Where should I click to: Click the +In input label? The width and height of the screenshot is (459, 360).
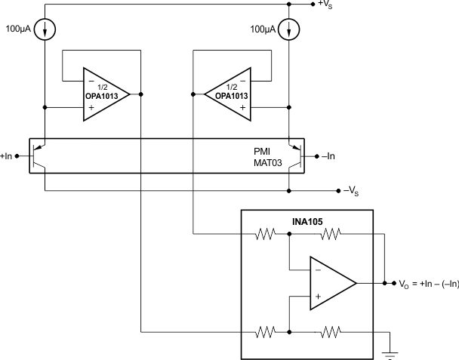pyautogui.click(x=9, y=156)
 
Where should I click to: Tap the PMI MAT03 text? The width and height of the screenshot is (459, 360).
pyautogui.click(x=268, y=156)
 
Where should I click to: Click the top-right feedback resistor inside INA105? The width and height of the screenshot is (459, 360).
pyautogui.click(x=332, y=235)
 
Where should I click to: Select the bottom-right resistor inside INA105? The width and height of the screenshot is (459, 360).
pyautogui.click(x=332, y=331)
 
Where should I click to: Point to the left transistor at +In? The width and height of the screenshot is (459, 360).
pyautogui.click(x=42, y=156)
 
